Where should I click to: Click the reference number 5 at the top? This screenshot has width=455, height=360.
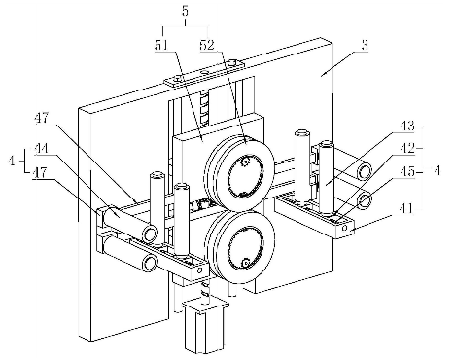(x=185, y=11)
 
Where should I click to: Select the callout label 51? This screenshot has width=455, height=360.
(x=161, y=46)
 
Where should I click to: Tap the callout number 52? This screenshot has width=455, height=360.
(x=207, y=45)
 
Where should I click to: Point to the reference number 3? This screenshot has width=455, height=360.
(x=365, y=45)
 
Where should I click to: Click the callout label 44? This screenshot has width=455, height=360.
(x=41, y=149)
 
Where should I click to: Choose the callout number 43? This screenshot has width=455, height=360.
(x=407, y=126)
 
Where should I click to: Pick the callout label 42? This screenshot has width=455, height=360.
(x=407, y=148)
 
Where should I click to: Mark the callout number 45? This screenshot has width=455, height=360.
(x=407, y=171)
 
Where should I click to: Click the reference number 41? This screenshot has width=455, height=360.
(x=406, y=208)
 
